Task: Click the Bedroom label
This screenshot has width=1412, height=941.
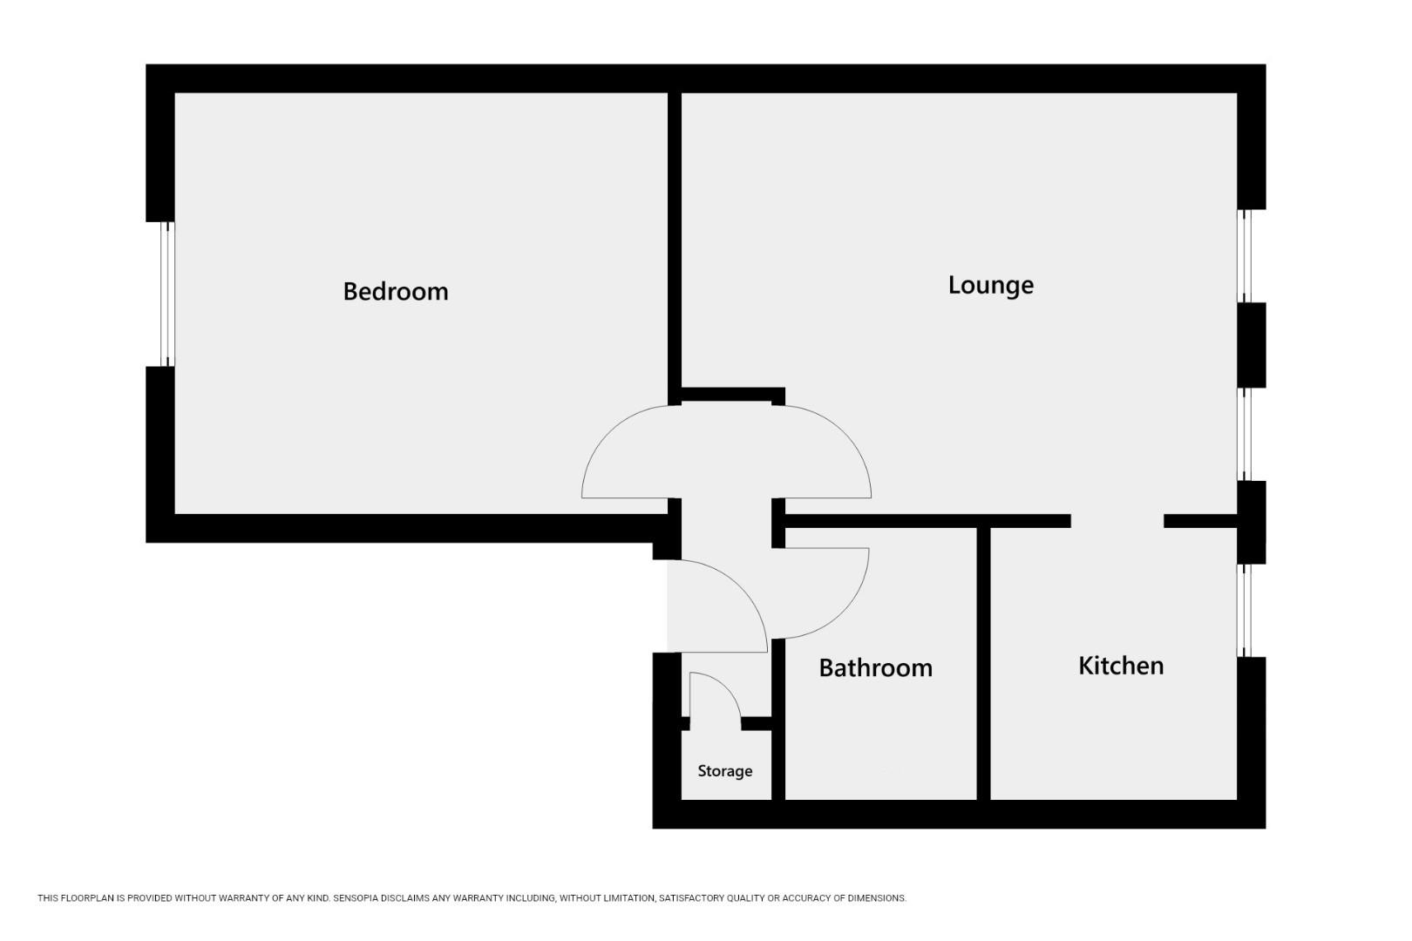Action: click(396, 291)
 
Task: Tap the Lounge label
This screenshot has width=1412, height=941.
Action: click(990, 285)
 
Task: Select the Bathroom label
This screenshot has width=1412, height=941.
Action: click(875, 667)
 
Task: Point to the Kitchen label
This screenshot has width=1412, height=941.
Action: click(1121, 666)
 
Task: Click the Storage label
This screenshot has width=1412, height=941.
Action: click(724, 771)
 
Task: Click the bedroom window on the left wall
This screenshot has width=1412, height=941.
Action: click(167, 294)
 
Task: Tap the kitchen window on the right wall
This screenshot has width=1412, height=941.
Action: click(1246, 610)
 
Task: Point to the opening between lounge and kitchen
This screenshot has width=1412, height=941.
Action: click(1117, 521)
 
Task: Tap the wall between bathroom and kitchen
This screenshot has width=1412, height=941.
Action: click(983, 662)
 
